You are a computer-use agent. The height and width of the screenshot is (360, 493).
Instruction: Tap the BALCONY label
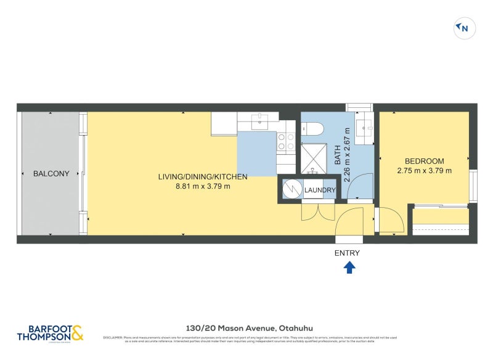point(51,174)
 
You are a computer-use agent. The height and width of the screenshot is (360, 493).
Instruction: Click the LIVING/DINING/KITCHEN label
point(203,177)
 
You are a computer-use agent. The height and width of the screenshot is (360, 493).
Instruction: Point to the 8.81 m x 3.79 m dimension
point(203,187)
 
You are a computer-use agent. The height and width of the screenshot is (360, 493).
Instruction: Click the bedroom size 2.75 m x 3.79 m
point(425,171)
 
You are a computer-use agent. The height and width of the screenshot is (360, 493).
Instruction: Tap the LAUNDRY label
point(320,190)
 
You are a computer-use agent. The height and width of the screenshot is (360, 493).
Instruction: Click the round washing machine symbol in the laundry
point(291,190)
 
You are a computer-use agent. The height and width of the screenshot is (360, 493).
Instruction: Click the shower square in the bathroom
point(312,157)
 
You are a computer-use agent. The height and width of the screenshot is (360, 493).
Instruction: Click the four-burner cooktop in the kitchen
point(285,142)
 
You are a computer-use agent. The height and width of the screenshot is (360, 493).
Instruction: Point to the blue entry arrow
point(349,267)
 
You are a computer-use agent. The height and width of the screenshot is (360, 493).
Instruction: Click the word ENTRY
point(347,253)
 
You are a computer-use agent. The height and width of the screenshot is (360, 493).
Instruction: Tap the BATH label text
point(338,155)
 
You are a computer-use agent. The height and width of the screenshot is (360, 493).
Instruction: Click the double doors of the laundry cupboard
point(317,212)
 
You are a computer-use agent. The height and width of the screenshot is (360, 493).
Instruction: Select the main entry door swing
point(349,222)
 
